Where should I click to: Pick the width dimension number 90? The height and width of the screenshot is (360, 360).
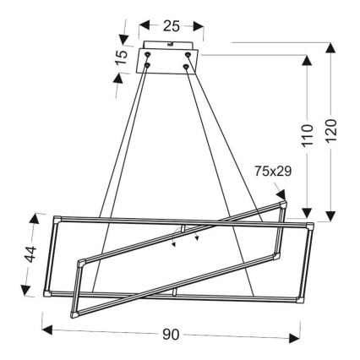coord(171,335)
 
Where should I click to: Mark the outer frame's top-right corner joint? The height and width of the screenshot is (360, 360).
coord(311,224)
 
